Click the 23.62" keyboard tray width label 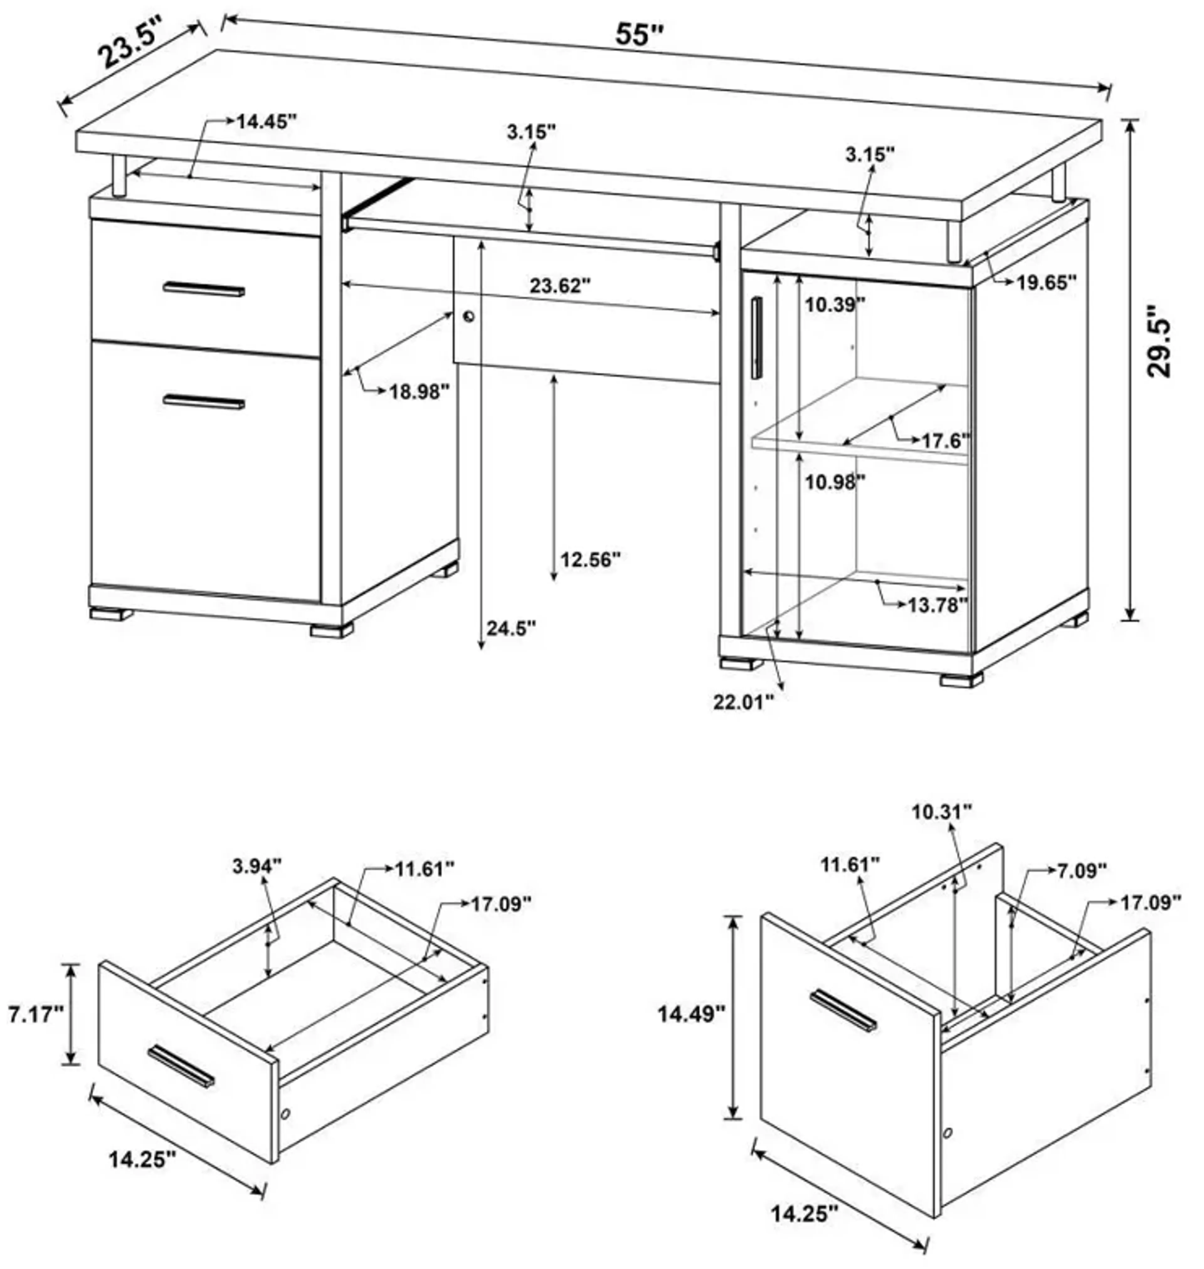(x=560, y=286)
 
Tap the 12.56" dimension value (x=590, y=559)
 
